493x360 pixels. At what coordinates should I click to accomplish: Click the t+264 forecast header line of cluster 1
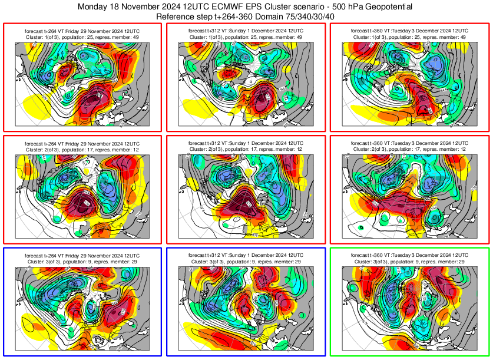tap(82, 29)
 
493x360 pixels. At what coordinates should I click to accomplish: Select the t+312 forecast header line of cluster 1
tap(246, 29)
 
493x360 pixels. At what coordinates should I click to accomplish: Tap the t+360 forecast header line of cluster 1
tap(410, 29)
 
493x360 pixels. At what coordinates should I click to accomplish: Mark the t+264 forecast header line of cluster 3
tap(82, 255)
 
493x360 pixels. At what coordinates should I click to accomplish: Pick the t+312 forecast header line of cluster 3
tap(246, 255)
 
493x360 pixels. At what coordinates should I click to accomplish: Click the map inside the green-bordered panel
tap(410, 309)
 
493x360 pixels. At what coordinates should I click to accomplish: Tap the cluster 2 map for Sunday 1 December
tap(246, 197)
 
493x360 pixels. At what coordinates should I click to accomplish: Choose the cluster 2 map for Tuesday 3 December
tap(410, 197)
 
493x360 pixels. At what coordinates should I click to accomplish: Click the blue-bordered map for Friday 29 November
tap(82, 309)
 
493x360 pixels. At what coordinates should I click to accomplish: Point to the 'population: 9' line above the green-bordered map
tap(410, 261)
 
